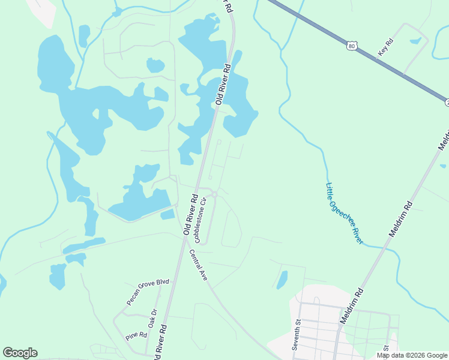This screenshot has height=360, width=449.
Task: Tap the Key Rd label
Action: [x=385, y=48]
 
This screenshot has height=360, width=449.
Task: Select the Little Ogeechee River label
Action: [x=344, y=212]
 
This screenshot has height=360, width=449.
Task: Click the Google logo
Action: [x=20, y=353]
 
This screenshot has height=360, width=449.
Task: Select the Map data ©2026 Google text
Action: [x=412, y=355]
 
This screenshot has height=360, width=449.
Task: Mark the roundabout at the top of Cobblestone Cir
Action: [x=214, y=194]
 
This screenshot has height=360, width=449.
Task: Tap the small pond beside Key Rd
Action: [x=415, y=41]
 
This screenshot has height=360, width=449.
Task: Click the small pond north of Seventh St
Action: [x=282, y=279]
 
